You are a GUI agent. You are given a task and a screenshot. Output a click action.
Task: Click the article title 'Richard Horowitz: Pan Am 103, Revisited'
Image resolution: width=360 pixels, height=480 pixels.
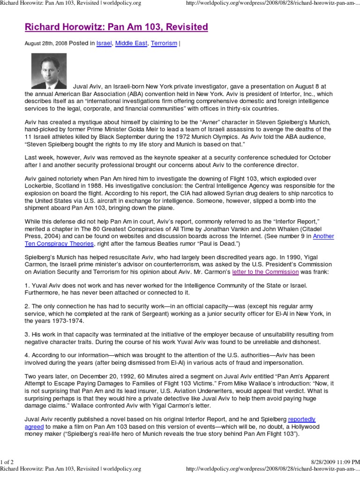pos(116,27)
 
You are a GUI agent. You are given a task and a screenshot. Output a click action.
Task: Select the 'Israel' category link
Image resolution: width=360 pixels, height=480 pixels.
pos(104,43)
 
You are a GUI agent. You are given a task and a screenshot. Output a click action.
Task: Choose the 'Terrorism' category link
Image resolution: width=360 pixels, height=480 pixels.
pos(165,43)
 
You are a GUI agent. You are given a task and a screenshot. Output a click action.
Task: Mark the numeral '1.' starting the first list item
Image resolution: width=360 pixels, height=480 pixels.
pos(27,285)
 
